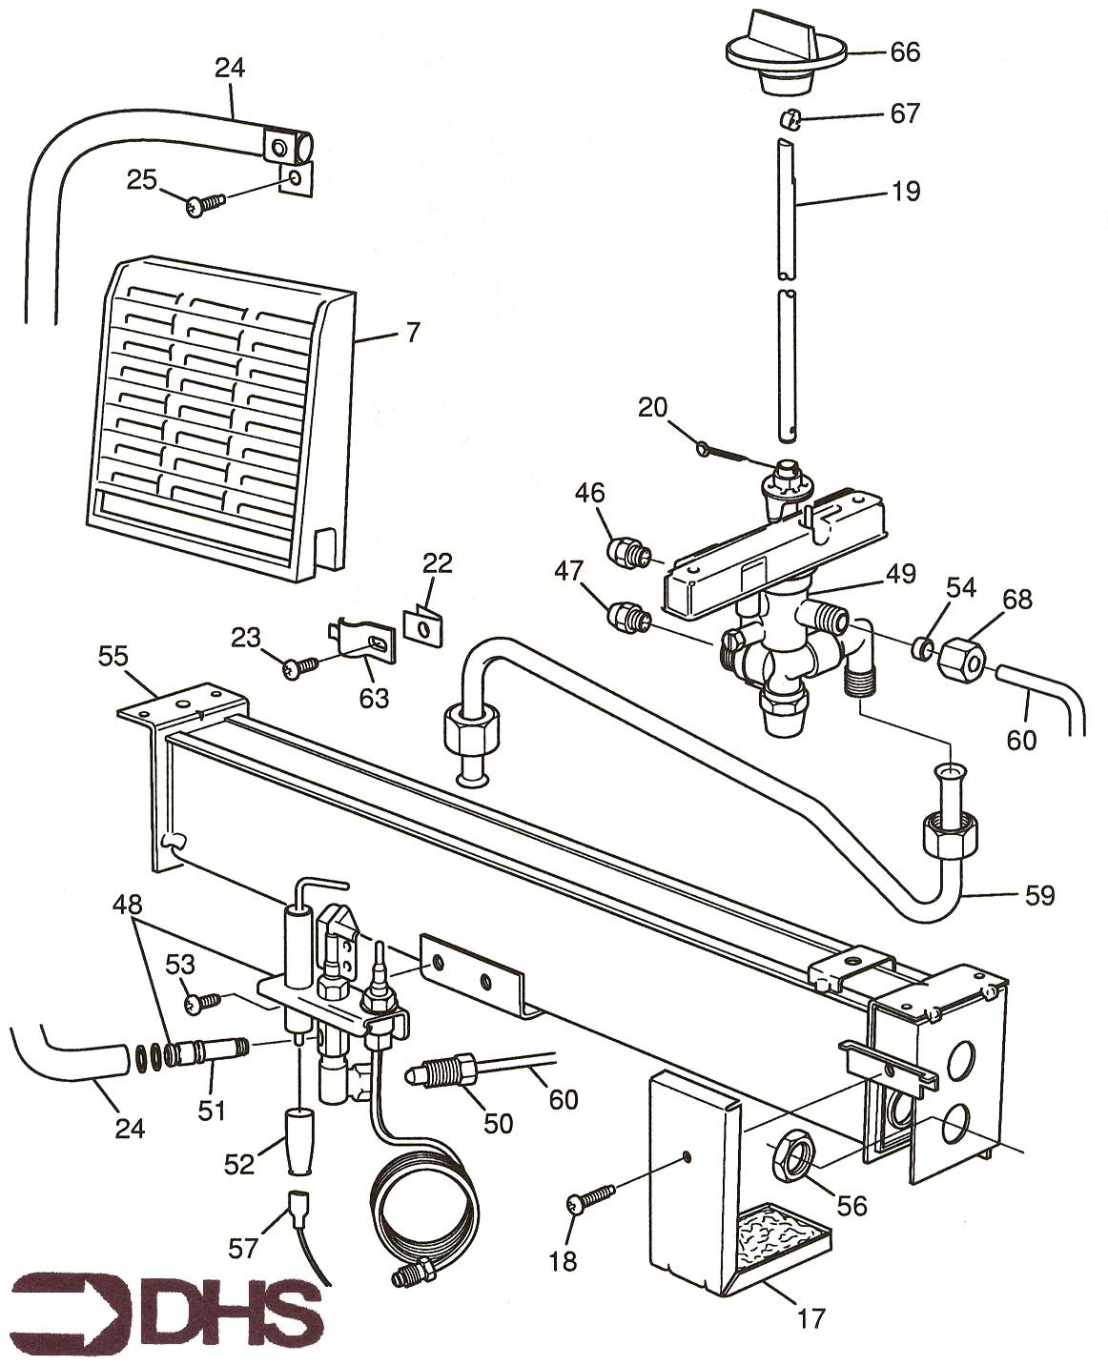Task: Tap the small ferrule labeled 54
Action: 921,649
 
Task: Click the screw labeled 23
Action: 298,669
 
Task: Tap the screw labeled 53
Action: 202,1002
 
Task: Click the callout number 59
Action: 1040,896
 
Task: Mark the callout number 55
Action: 114,656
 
